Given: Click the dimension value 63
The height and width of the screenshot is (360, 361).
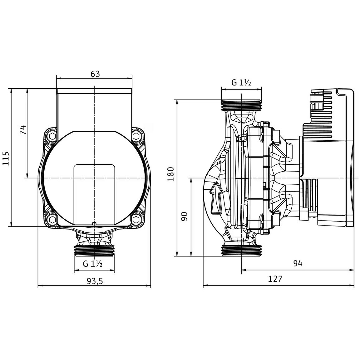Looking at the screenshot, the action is pyautogui.click(x=95, y=74).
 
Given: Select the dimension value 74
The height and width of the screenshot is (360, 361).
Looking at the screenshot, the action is pyautogui.click(x=23, y=130).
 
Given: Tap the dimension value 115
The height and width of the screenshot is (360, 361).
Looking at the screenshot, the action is pyautogui.click(x=6, y=158).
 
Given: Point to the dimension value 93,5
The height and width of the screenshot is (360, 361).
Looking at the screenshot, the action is pyautogui.click(x=95, y=281).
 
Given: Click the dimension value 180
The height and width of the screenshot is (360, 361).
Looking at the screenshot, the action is pyautogui.click(x=171, y=174).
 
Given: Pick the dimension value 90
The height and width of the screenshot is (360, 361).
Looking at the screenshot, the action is pyautogui.click(x=184, y=216).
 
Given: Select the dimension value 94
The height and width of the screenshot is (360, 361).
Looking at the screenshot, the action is pyautogui.click(x=298, y=263).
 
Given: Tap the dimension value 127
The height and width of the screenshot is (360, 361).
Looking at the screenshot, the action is pyautogui.click(x=275, y=279).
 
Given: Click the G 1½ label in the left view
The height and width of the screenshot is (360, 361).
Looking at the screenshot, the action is pyautogui.click(x=92, y=264).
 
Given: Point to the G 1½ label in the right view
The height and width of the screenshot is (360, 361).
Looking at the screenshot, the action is pyautogui.click(x=241, y=82).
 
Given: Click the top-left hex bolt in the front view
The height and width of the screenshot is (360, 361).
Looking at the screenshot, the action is pyautogui.click(x=52, y=137).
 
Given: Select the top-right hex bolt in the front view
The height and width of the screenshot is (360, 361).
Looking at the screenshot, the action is pyautogui.click(x=136, y=137).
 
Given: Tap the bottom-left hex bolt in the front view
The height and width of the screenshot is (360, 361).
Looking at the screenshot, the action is pyautogui.click(x=52, y=219).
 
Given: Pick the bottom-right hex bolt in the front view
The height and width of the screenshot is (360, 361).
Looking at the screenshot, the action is pyautogui.click(x=136, y=219).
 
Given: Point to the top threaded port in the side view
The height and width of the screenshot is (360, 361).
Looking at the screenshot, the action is pyautogui.click(x=241, y=105).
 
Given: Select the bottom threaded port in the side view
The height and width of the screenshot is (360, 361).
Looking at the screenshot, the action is pyautogui.click(x=241, y=250).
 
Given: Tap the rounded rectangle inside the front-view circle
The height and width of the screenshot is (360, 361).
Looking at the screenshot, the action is pyautogui.click(x=94, y=195).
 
